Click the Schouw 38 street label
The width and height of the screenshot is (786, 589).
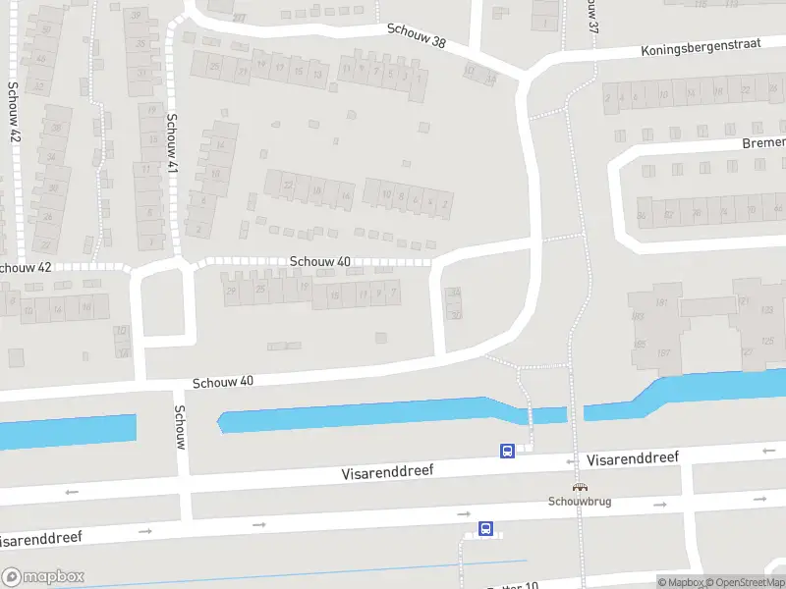[x=416, y=35]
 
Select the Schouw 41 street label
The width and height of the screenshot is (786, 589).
[x=172, y=143]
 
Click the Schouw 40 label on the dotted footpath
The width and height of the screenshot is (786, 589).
[x=320, y=262]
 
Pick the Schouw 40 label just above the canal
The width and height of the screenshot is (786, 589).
[x=223, y=381]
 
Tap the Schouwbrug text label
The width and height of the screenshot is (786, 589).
[x=580, y=501]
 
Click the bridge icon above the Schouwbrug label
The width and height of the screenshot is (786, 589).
[x=580, y=487]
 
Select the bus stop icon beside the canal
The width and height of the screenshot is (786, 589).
[x=507, y=451]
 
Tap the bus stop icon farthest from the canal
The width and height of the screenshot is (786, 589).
[x=485, y=528]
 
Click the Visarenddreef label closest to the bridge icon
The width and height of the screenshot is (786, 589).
[x=633, y=458]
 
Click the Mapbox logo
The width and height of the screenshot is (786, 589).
[x=43, y=577]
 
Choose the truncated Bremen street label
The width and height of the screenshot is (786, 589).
[x=763, y=143]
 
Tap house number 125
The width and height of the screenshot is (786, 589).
[x=767, y=340]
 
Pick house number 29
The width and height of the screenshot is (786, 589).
[x=232, y=289]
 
